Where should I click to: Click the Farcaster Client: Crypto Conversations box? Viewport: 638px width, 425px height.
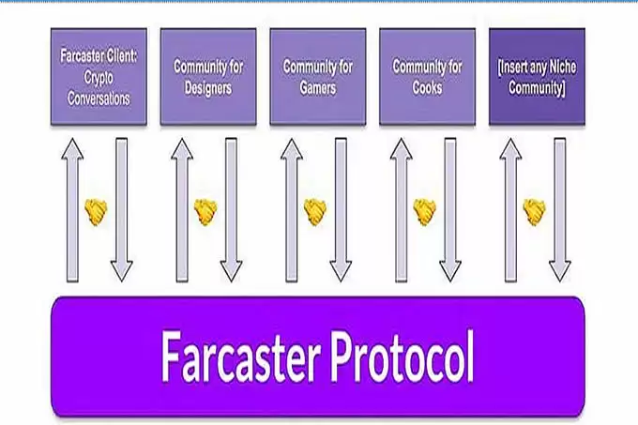(99, 77)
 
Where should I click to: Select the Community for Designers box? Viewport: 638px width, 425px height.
(207, 77)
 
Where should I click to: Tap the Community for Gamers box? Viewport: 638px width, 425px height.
(317, 77)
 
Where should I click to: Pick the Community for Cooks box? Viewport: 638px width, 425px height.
(426, 77)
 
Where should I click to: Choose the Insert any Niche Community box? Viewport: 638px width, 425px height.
(536, 77)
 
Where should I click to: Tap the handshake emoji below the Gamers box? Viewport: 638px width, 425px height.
(315, 212)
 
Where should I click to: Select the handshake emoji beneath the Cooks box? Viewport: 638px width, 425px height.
(425, 212)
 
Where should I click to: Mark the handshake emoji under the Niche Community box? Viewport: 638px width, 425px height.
(535, 212)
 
